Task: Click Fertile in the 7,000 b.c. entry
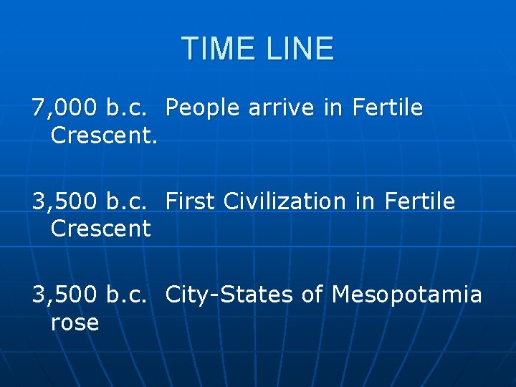pyautogui.click(x=387, y=108)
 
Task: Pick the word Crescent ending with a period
pyautogui.click(x=104, y=135)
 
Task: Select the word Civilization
pyautogui.click(x=285, y=201)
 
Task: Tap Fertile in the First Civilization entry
pyautogui.click(x=419, y=201)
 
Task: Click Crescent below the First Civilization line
pyautogui.click(x=101, y=229)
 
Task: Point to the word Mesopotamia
pyautogui.click(x=407, y=294)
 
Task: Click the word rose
pyautogui.click(x=75, y=322)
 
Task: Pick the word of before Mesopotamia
pyautogui.click(x=312, y=294)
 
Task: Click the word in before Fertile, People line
pyautogui.click(x=333, y=108)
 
